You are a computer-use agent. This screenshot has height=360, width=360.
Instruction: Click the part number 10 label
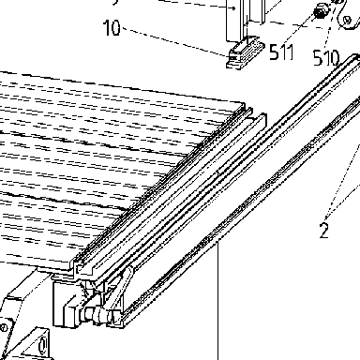112,27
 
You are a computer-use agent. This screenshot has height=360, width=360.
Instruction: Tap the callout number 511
281,52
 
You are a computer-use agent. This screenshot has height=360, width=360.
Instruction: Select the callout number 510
326,57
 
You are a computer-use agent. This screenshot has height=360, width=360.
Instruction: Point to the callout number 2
324,231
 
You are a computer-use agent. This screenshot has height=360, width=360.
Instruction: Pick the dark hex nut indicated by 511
320,12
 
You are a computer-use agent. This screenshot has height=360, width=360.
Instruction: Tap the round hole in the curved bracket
347,21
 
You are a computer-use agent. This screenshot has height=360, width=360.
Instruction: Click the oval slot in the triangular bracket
42,345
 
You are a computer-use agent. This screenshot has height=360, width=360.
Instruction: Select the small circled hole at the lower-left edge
3,328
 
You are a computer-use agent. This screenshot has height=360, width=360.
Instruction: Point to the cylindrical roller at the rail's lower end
96,314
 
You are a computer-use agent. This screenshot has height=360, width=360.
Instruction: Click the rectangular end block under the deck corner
67,303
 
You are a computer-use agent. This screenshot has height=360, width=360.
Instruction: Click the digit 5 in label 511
274,52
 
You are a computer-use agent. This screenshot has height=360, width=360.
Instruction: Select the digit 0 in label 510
334,58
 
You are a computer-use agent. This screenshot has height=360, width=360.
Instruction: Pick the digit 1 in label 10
106,27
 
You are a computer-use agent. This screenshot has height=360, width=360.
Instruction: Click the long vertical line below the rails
217,300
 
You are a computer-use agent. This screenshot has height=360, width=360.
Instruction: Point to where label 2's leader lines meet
325,217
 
